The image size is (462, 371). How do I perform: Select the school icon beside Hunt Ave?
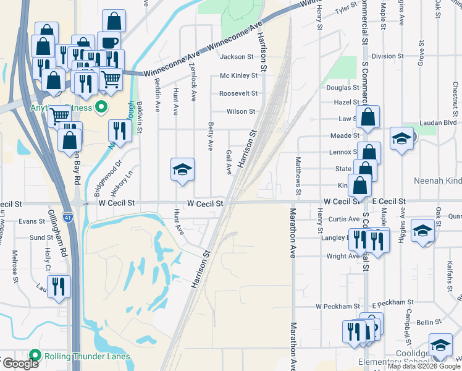pos(183,169)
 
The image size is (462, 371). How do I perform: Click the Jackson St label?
pos(237,57)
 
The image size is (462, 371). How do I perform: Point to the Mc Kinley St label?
pos(238,75)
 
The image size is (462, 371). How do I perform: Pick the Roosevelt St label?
pos(238,93)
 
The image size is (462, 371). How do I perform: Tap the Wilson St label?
pos(240,111)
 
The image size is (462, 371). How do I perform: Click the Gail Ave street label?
pos(229,161)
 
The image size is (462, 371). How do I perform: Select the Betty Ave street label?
pos(211,136)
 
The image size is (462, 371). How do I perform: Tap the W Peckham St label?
pos(337,306)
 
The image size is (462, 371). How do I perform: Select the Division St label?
pos(388,56)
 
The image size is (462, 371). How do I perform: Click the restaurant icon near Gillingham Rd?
pos(59,286)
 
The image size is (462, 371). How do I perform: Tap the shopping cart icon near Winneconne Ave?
pos(110,78)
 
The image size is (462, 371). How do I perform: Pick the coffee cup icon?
pos(109,43)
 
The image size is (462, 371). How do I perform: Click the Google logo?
pos(20,364)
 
